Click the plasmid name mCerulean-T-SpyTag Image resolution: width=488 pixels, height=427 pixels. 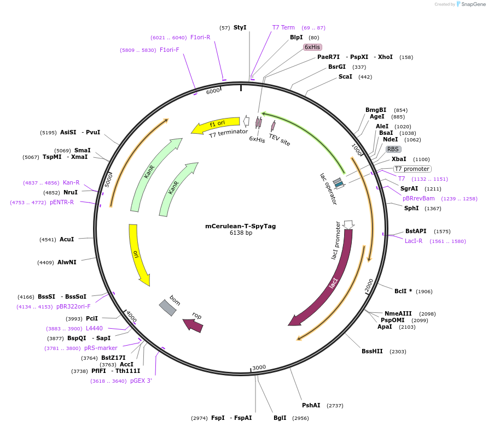coord(241,226)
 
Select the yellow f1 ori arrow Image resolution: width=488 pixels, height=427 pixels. coord(216,125)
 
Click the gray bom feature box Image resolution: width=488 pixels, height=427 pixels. coord(168,307)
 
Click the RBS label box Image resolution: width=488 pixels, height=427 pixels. coord(393,149)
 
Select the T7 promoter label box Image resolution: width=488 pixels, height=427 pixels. coord(412,169)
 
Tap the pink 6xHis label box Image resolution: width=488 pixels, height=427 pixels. coord(312,47)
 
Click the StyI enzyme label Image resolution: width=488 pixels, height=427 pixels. coord(240,27)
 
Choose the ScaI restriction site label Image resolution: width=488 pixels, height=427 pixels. coord(345,76)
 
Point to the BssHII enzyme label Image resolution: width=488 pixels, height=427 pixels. coord(372,351)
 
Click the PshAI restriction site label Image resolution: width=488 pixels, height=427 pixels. coord(311,405)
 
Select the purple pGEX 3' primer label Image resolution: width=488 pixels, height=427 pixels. coord(141,381)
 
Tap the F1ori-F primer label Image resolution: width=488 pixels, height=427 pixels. coord(170,50)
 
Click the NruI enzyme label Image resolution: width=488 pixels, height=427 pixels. coord(71,192)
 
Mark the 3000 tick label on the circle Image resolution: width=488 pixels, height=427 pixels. coord(259,367)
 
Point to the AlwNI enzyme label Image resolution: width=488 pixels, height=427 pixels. coord(67,262)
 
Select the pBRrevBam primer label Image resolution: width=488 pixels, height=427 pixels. coord(419,198)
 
